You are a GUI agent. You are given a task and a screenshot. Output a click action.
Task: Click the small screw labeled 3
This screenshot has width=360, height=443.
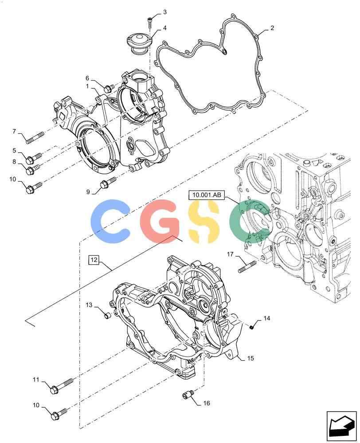click(x=149, y=22)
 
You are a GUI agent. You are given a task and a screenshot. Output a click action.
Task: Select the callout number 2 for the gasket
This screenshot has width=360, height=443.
click(x=272, y=28)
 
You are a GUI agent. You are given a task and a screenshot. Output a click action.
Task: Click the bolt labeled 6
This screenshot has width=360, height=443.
click(x=109, y=88)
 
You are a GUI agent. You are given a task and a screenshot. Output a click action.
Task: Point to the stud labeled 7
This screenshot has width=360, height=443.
click(x=35, y=138)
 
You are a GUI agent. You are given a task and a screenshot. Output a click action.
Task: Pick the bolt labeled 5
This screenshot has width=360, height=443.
click(x=34, y=158)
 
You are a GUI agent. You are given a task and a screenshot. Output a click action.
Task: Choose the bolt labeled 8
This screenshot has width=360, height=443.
click(x=32, y=168)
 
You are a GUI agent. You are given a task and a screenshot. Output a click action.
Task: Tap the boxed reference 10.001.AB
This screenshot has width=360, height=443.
click(x=206, y=194)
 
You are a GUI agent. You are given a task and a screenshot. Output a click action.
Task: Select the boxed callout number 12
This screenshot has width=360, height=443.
click(x=94, y=259)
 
